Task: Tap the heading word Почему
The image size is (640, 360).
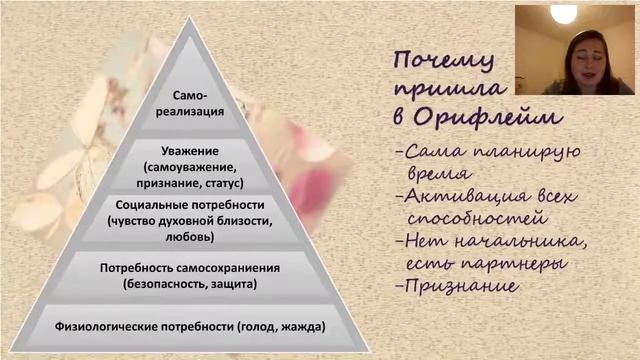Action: coord(439,59)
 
